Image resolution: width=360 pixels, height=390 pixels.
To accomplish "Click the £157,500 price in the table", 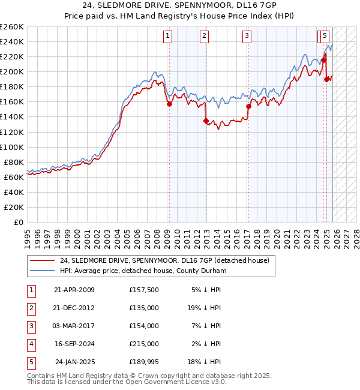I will (x=144, y=290).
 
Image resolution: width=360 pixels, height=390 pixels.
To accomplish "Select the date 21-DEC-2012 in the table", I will (x=74, y=308).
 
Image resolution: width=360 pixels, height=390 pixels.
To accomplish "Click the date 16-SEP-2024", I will (x=74, y=344).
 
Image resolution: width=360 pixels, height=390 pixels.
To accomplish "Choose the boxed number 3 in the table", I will (x=31, y=326).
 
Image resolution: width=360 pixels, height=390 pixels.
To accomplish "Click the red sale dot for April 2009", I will (x=169, y=104).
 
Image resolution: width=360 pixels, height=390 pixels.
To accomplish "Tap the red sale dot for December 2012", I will (x=206, y=121).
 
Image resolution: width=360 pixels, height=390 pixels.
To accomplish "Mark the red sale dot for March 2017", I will (x=248, y=106).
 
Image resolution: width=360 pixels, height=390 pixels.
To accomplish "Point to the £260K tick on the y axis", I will (x=12, y=27).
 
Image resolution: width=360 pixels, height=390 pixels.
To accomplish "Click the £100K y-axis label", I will (x=12, y=147).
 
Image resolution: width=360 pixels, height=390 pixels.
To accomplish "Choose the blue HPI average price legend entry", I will (x=142, y=271).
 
